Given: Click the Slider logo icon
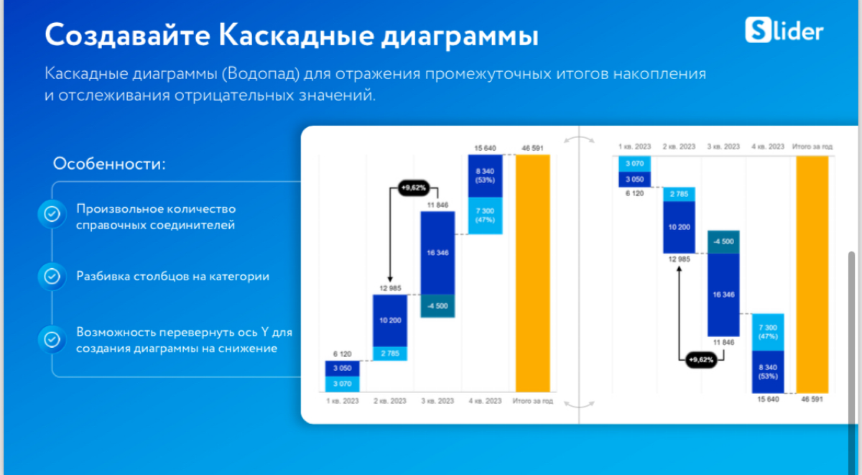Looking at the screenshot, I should [x=759, y=30].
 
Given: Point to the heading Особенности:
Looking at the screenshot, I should [x=109, y=164].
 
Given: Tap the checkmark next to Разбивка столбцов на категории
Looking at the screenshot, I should [x=52, y=276].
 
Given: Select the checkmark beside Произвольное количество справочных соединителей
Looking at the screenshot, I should [x=52, y=213].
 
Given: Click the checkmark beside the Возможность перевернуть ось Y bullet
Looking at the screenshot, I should [x=52, y=339].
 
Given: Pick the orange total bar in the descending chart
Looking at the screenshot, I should [x=812, y=274].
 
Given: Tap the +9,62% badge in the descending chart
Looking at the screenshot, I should [x=700, y=359].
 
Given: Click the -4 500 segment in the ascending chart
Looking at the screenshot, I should [x=437, y=305].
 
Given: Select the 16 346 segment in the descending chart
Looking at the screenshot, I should [x=723, y=294].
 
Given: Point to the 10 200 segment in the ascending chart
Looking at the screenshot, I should [x=389, y=320].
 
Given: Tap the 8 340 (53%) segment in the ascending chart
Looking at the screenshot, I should [x=485, y=175].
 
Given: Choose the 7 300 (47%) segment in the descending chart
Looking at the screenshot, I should [x=769, y=331].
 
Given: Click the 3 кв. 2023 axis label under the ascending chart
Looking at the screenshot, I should [x=437, y=400].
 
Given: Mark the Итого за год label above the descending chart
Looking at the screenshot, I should [x=812, y=147].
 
